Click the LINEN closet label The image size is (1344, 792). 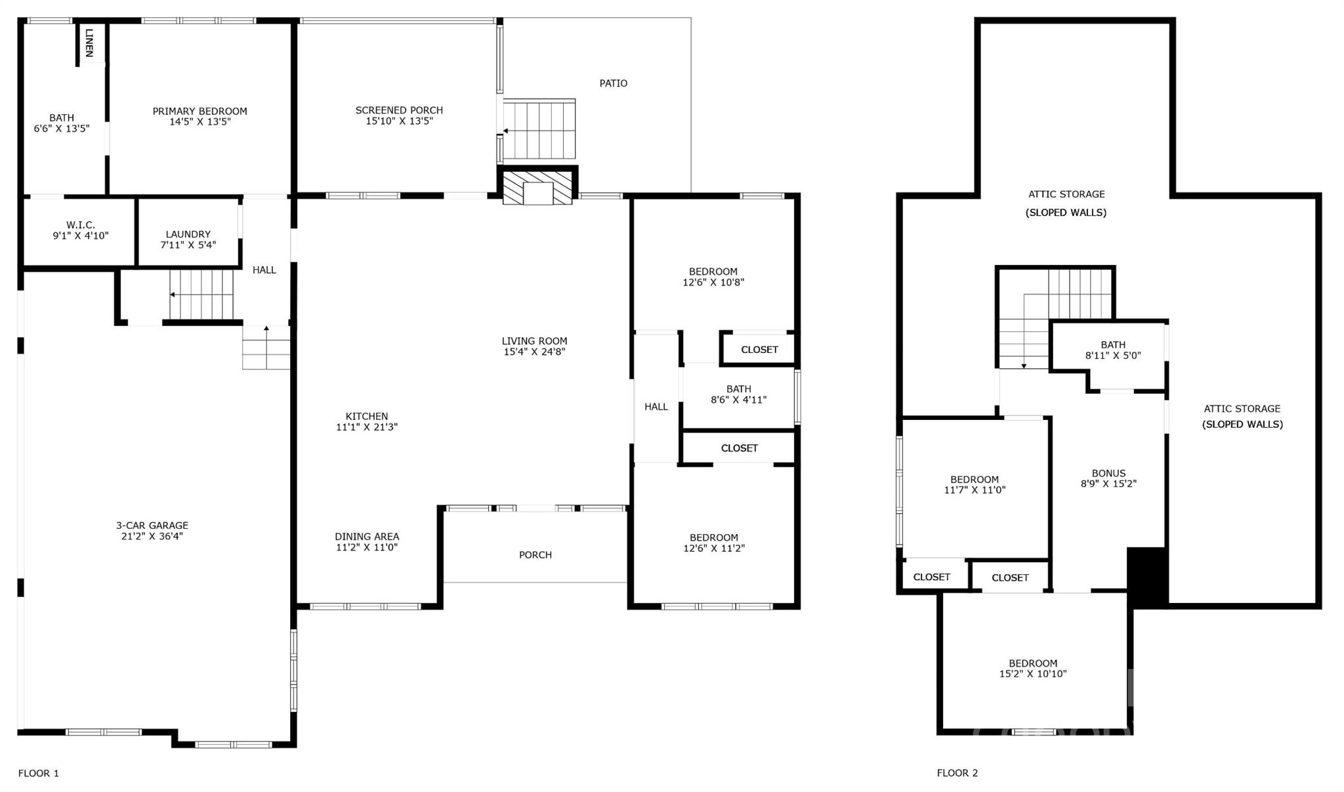(89, 43)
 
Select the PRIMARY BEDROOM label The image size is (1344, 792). (199, 112)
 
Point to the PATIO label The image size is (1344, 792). (613, 83)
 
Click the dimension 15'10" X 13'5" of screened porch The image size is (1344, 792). (399, 121)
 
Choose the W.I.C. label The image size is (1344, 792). (81, 225)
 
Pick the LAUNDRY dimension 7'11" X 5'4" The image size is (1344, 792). (188, 245)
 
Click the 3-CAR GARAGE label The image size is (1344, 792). (152, 526)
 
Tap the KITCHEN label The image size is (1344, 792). (367, 417)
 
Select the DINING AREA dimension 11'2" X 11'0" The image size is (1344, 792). (367, 548)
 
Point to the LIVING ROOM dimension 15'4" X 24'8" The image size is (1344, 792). (534, 352)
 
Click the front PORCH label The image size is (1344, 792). (535, 555)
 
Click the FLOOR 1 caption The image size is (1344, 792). (39, 774)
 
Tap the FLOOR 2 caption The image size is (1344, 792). (957, 774)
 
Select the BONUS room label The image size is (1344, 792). (1108, 474)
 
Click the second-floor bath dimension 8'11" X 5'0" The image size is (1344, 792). (1113, 356)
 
